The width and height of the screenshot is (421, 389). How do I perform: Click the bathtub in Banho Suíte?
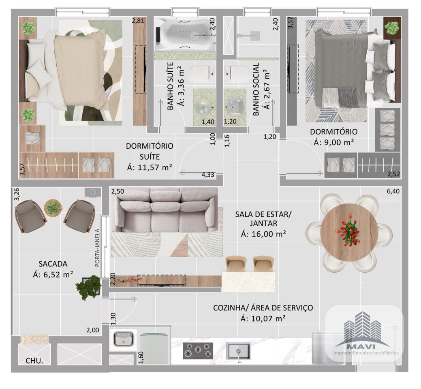[186, 34]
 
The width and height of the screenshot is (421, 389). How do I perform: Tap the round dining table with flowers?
[349, 231]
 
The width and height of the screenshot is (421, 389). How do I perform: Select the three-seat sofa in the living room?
[165, 209]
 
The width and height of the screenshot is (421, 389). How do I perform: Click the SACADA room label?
[53, 264]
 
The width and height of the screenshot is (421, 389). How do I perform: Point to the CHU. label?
[34, 361]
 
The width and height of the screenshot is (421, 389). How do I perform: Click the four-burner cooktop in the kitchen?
[198, 351]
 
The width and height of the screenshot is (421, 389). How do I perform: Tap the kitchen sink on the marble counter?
[238, 351]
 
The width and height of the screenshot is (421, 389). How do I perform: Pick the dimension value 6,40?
[393, 191]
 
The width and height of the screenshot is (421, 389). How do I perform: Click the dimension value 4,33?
[208, 175]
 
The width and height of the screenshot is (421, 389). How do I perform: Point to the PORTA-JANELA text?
[97, 248]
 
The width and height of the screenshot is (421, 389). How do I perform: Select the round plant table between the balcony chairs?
[53, 207]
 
